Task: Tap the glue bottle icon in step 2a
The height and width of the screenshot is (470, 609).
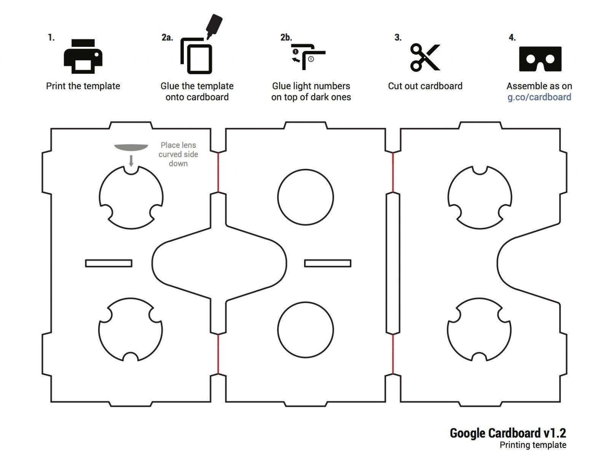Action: click(x=214, y=26)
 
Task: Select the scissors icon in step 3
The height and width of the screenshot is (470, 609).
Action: click(x=425, y=57)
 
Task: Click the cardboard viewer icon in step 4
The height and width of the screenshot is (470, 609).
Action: click(x=540, y=59)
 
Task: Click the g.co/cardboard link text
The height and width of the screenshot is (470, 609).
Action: click(x=539, y=97)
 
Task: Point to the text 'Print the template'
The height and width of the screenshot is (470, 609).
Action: click(x=83, y=86)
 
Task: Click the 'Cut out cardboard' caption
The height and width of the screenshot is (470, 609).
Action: click(x=425, y=86)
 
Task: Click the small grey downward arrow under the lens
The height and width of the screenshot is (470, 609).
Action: click(x=131, y=161)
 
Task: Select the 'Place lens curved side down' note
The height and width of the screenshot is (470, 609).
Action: click(x=178, y=154)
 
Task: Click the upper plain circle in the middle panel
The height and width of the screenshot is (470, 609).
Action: click(x=305, y=197)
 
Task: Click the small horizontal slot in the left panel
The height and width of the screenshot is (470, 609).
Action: click(x=108, y=263)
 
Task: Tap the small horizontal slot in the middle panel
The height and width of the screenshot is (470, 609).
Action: click(x=327, y=263)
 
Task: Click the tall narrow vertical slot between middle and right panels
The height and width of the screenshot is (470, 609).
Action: click(x=393, y=263)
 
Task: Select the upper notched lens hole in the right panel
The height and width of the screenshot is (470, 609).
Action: click(x=480, y=197)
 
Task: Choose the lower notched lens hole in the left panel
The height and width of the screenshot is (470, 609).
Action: click(x=131, y=330)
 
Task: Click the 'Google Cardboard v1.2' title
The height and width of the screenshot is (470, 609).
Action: click(x=508, y=433)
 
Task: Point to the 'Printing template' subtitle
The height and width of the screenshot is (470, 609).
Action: click(x=532, y=445)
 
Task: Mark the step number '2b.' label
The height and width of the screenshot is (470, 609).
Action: click(x=286, y=37)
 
